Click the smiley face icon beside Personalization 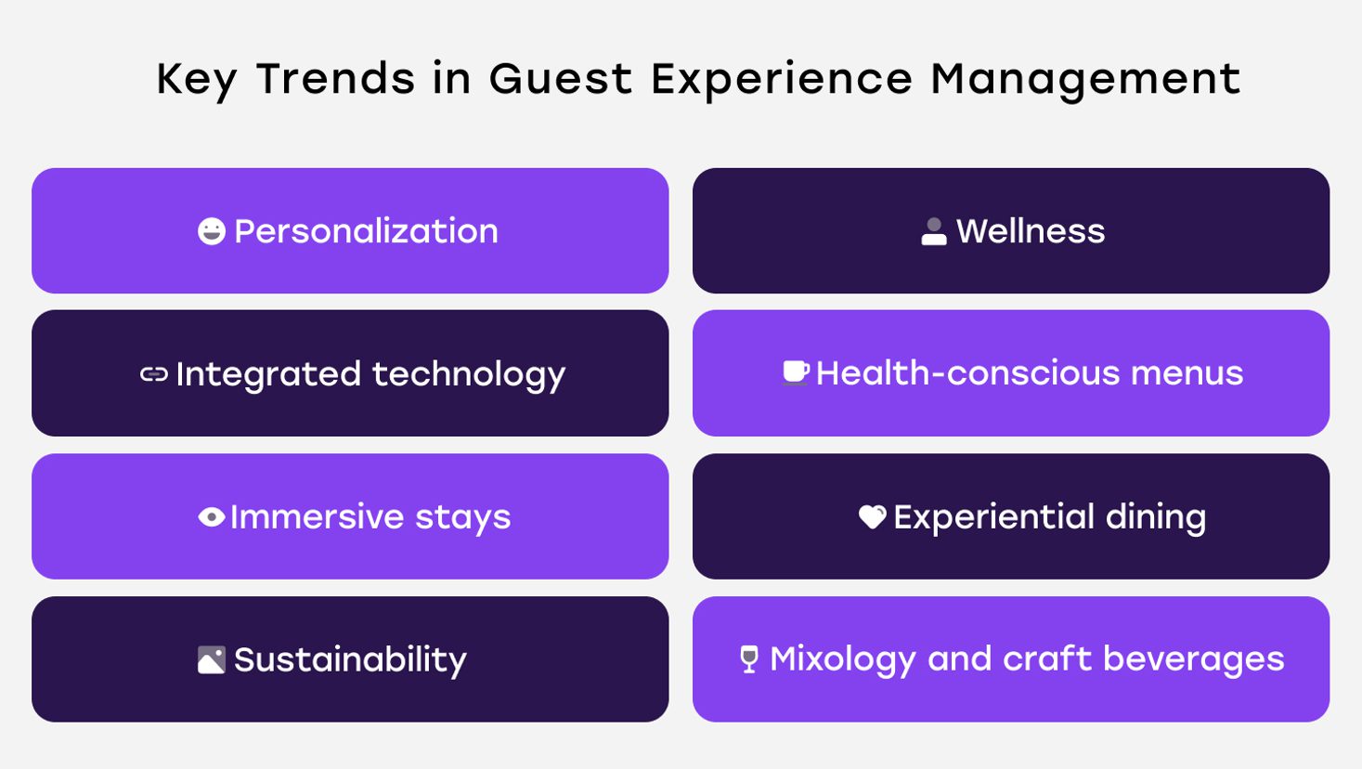(x=212, y=231)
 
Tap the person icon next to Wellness (x=934, y=232)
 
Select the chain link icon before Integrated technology (x=154, y=374)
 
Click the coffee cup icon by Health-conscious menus (x=796, y=373)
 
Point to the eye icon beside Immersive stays (x=212, y=517)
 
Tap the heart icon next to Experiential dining (x=873, y=517)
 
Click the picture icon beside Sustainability (x=212, y=660)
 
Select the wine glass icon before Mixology (x=749, y=658)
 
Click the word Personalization (x=366, y=231)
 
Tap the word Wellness (x=1031, y=231)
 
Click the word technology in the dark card (x=469, y=375)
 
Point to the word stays (x=462, y=518)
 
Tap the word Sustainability (x=350, y=660)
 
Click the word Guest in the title (x=561, y=79)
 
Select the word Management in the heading (x=1085, y=80)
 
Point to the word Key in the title (x=197, y=80)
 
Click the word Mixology (x=843, y=660)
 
